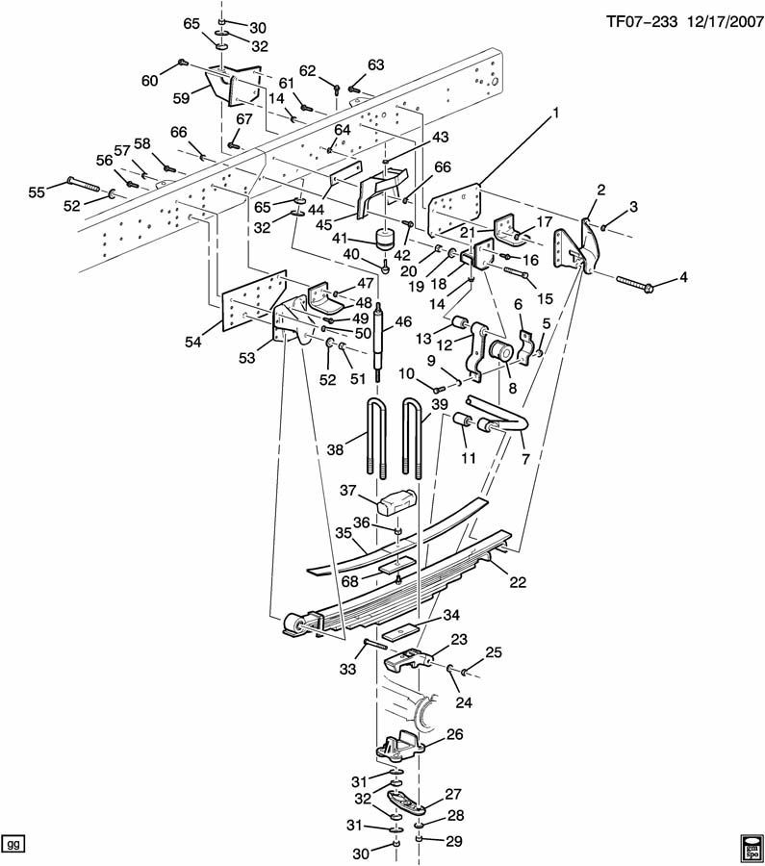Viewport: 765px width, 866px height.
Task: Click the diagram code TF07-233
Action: (x=641, y=21)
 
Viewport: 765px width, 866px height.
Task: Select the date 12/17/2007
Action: (x=725, y=21)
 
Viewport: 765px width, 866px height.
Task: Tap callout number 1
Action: (x=555, y=114)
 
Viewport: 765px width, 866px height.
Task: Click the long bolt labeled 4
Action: (x=635, y=282)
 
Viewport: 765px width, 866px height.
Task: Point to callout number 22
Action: (x=518, y=581)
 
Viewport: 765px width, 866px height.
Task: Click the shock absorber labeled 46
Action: (x=378, y=342)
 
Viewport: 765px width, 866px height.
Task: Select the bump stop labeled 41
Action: (x=385, y=239)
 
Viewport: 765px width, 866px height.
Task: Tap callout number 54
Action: (x=193, y=342)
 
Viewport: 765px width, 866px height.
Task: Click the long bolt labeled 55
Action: (x=83, y=184)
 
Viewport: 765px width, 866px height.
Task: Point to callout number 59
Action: (x=181, y=98)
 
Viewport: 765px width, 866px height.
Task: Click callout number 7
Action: (x=525, y=458)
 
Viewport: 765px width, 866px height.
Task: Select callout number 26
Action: (x=454, y=734)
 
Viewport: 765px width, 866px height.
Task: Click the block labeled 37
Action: (x=397, y=501)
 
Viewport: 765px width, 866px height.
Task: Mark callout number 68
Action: (x=350, y=580)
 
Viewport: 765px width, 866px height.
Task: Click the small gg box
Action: (x=13, y=845)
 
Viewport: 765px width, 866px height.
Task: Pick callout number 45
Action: (x=323, y=225)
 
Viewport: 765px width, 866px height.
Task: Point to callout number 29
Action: (x=454, y=841)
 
